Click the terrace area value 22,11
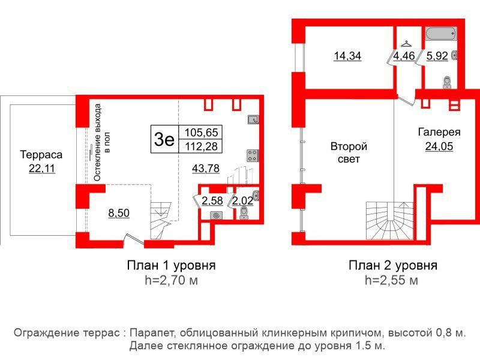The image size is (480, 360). (x=42, y=168)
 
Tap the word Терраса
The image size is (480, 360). (x=41, y=155)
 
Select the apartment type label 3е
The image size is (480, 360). (x=164, y=139)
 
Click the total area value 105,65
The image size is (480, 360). (x=202, y=132)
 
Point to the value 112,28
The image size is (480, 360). (x=202, y=146)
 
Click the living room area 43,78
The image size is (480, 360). (x=206, y=168)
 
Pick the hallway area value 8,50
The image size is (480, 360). (x=119, y=213)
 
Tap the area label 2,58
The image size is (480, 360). (x=212, y=201)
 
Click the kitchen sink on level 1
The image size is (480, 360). (x=253, y=119)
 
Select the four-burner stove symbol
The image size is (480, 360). (x=253, y=156)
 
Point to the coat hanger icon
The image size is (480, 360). (x=406, y=44)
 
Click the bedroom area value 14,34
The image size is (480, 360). (x=347, y=56)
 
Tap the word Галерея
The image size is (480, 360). (x=439, y=132)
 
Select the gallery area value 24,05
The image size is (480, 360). (x=439, y=146)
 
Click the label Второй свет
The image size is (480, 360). (x=349, y=153)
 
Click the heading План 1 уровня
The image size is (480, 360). (x=172, y=265)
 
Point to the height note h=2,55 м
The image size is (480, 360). (x=392, y=280)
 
